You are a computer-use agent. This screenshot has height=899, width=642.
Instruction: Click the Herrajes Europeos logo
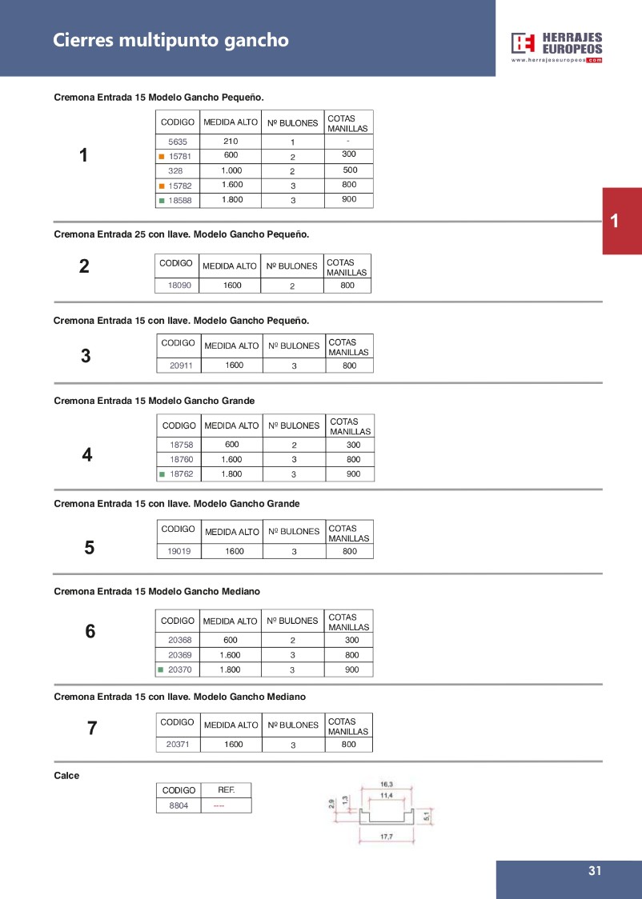(x=557, y=47)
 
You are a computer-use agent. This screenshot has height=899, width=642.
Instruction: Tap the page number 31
(x=594, y=872)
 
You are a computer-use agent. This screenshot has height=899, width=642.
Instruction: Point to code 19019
(x=179, y=551)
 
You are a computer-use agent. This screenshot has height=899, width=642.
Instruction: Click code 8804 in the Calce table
(x=179, y=805)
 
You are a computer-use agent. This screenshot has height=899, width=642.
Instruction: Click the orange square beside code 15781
(x=161, y=157)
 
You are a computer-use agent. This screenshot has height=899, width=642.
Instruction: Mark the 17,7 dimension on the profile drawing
(x=385, y=837)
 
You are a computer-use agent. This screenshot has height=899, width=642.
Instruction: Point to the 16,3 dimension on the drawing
(x=385, y=785)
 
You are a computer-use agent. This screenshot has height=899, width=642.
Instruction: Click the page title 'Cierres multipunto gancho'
(x=171, y=40)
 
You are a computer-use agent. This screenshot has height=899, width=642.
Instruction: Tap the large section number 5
(x=90, y=548)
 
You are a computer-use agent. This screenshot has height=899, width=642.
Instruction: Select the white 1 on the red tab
(x=614, y=222)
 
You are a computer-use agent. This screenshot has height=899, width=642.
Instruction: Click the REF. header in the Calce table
(x=227, y=789)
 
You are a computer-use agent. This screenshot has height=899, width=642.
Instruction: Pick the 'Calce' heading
(x=66, y=775)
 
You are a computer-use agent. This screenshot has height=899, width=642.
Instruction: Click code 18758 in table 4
(x=181, y=446)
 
